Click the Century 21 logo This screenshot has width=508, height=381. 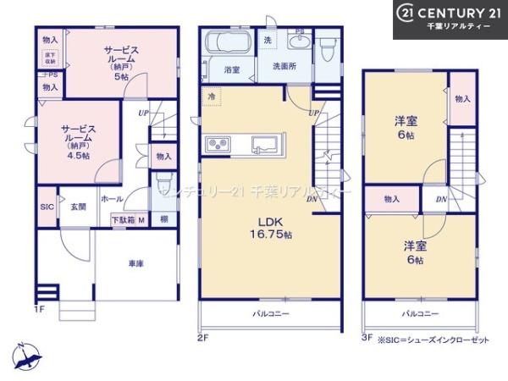450,18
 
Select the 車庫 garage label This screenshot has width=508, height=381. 136,264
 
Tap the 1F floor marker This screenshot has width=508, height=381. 38,309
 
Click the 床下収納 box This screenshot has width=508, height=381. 50,58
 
